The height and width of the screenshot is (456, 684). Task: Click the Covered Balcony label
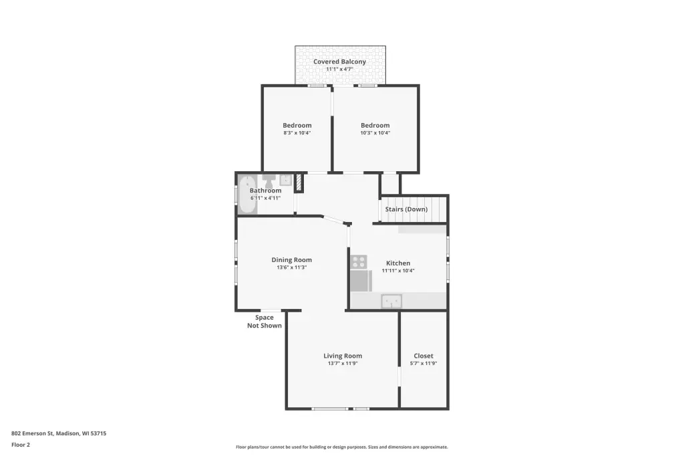tap(339, 62)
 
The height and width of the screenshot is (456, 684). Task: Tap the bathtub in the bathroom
tap(247, 195)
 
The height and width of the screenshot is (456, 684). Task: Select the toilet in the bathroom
tap(269, 180)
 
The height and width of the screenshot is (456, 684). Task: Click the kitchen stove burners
tap(359, 262)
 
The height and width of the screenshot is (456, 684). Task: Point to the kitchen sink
tap(391, 302)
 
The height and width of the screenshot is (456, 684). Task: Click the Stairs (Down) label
tap(406, 209)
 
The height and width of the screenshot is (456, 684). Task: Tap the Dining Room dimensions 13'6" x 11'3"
tap(291, 267)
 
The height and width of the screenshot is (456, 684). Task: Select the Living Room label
tap(343, 356)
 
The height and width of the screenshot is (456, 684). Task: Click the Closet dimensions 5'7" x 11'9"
tap(423, 364)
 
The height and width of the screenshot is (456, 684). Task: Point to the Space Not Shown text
tap(265, 322)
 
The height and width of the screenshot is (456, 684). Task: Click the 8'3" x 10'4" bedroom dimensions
tap(297, 133)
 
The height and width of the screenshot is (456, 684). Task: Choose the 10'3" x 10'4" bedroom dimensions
tap(375, 133)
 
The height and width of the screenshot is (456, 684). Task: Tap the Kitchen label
tap(398, 263)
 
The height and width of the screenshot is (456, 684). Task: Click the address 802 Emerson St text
tap(32, 433)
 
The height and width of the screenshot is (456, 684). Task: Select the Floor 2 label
tap(21, 445)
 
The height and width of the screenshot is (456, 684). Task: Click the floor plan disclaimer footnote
tap(341, 447)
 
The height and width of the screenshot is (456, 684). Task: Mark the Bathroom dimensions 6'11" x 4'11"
tap(265, 198)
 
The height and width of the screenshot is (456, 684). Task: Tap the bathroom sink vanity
tap(286, 179)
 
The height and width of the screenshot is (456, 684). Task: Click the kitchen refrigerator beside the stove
tap(361, 280)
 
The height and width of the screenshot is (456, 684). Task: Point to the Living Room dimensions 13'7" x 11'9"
tap(343, 364)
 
